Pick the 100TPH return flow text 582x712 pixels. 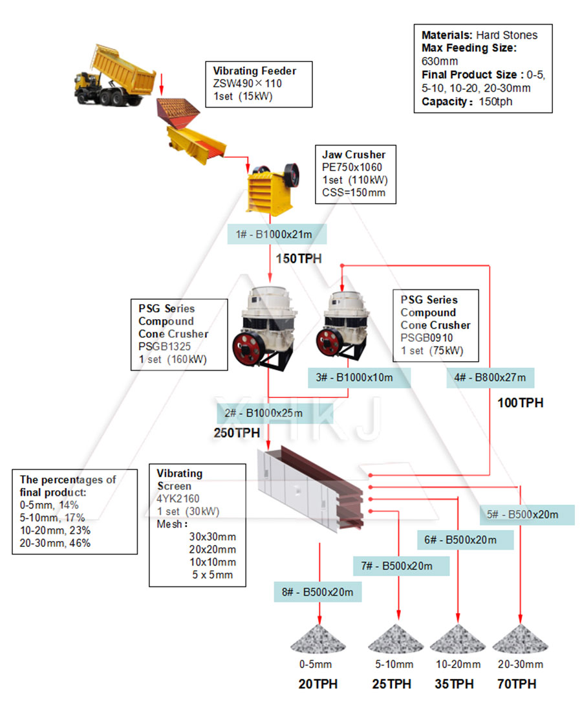pos(520,403)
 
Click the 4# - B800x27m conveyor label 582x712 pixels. pos(491,377)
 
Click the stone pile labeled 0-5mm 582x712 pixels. pos(315,640)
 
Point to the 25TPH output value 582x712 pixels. pos(391,684)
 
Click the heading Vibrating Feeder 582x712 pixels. pos(255,71)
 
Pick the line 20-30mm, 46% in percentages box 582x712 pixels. pos(56,543)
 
